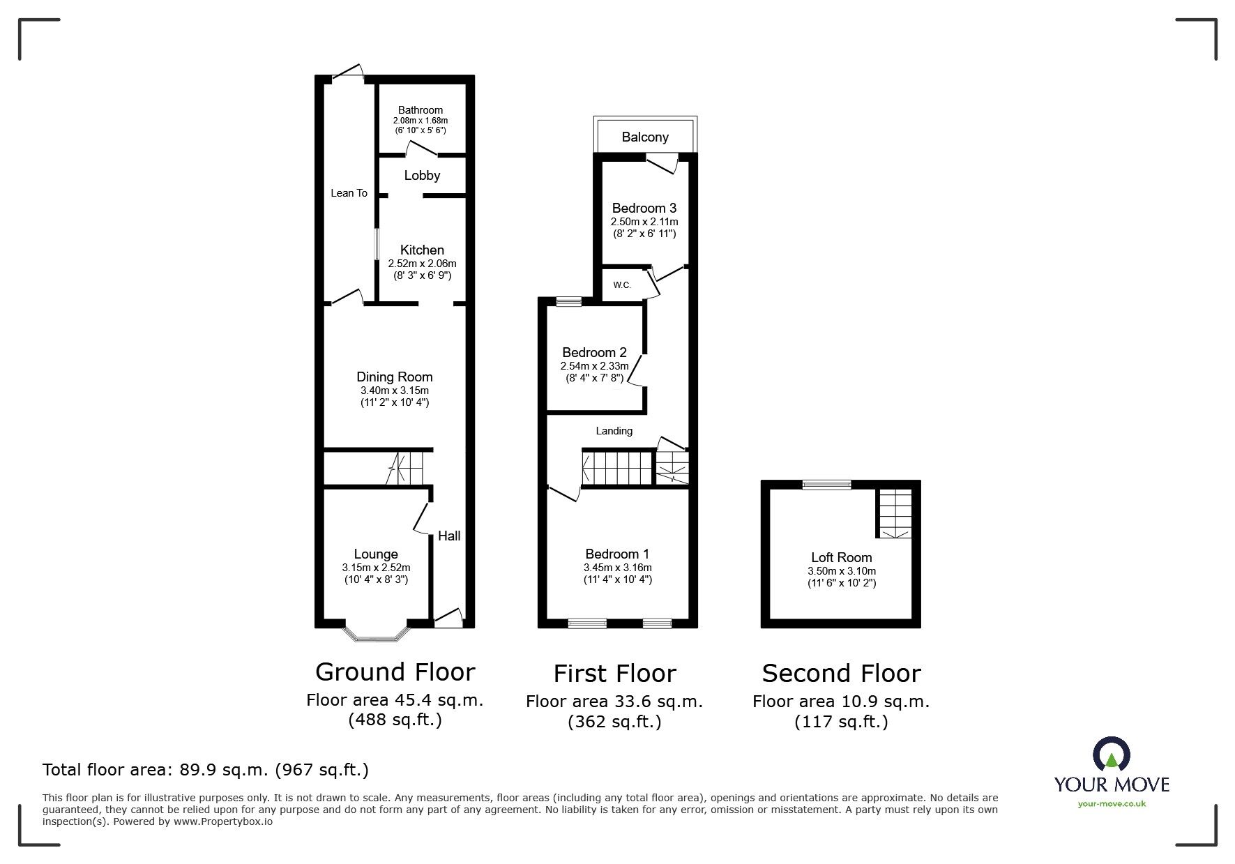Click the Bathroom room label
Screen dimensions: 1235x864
(420, 110)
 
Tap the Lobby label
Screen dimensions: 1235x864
(422, 176)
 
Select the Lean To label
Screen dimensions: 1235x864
(349, 193)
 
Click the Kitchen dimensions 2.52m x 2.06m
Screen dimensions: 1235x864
(422, 264)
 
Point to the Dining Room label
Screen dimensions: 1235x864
(395, 377)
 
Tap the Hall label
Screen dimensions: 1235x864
(449, 536)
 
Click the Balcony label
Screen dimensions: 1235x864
(645, 137)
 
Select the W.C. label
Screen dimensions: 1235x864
(622, 285)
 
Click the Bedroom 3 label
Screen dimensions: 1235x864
(644, 209)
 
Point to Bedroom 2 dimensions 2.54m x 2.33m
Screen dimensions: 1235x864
(594, 366)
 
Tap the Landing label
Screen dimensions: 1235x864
(614, 431)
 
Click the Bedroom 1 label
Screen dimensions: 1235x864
(617, 554)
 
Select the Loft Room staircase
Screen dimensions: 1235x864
(894, 513)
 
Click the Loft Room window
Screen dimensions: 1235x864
(826, 485)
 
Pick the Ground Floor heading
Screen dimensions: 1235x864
(395, 672)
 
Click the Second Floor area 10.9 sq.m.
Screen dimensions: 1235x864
(841, 702)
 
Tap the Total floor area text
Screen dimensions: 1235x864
(206, 770)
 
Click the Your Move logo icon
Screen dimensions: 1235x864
(1112, 757)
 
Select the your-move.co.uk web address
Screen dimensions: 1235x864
(1112, 804)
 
